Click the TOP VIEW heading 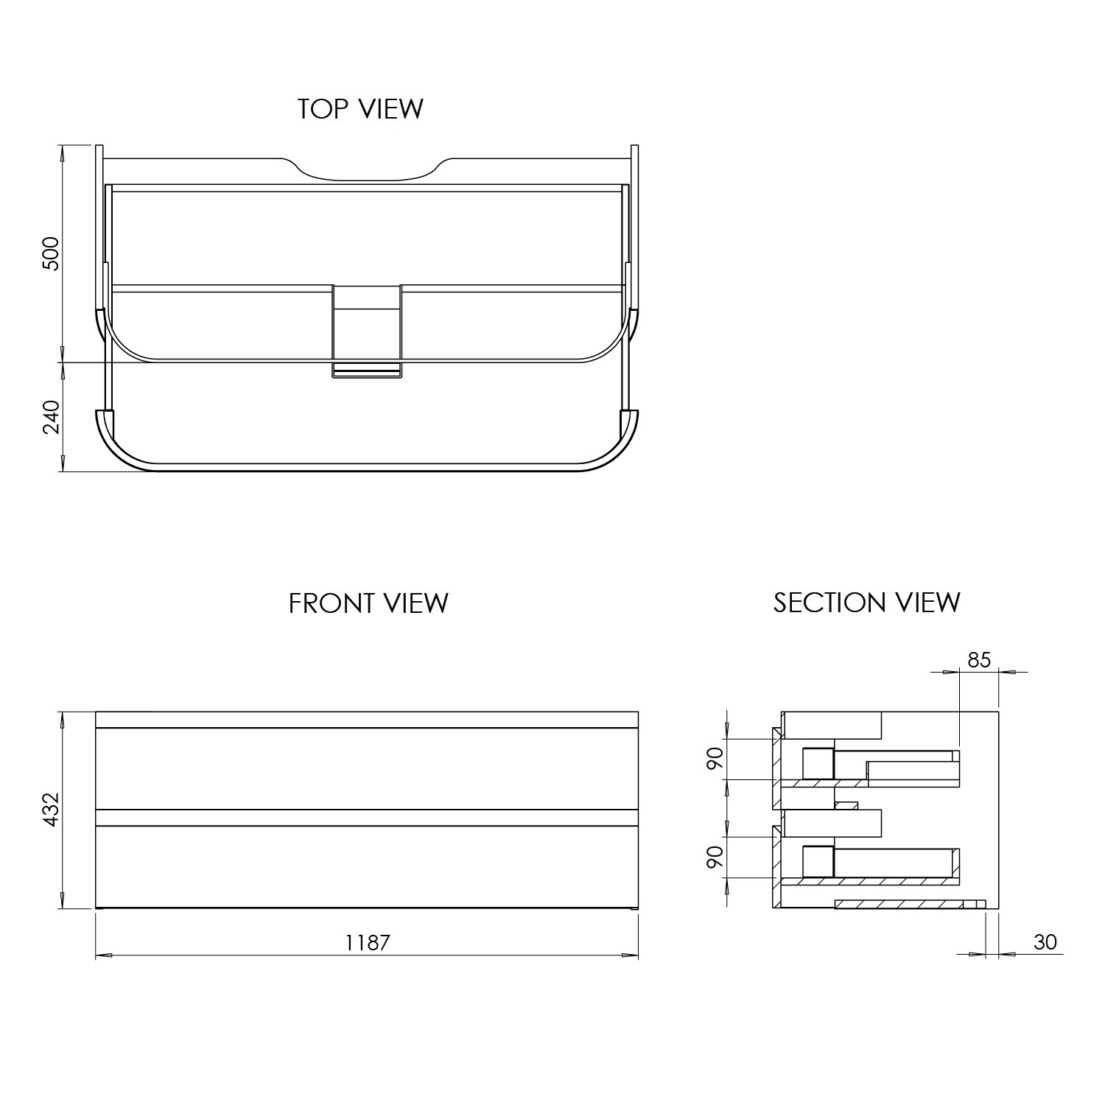[x=360, y=109]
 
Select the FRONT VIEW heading [x=368, y=603]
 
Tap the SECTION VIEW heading [x=866, y=603]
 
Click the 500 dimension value [x=51, y=254]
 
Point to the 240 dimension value [x=51, y=417]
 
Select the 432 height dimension [x=51, y=810]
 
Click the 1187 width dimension [x=368, y=942]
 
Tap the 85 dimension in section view [x=979, y=660]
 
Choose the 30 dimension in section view [x=1045, y=941]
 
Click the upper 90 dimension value [x=714, y=759]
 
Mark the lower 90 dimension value [x=714, y=857]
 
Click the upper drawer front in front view [x=367, y=768]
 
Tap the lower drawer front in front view [x=367, y=866]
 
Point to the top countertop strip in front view [x=367, y=720]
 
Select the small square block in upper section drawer [x=817, y=762]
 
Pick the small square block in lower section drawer [x=817, y=861]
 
